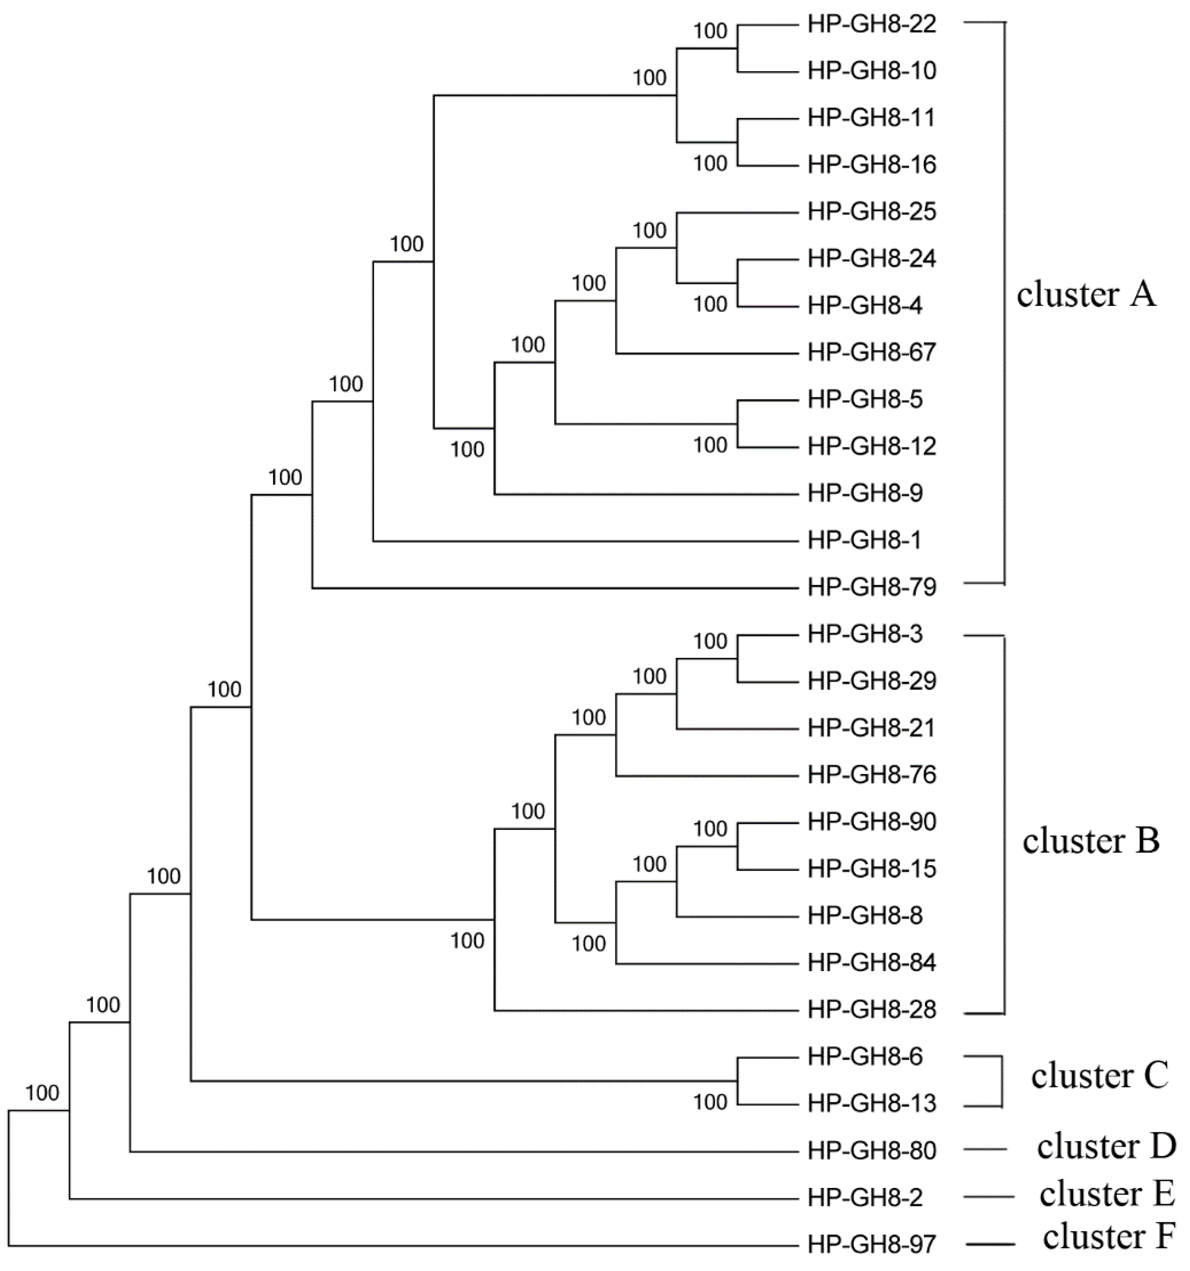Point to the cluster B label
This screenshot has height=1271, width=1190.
pos(1091,841)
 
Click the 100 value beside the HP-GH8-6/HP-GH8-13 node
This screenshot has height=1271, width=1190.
pos(710,1102)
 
